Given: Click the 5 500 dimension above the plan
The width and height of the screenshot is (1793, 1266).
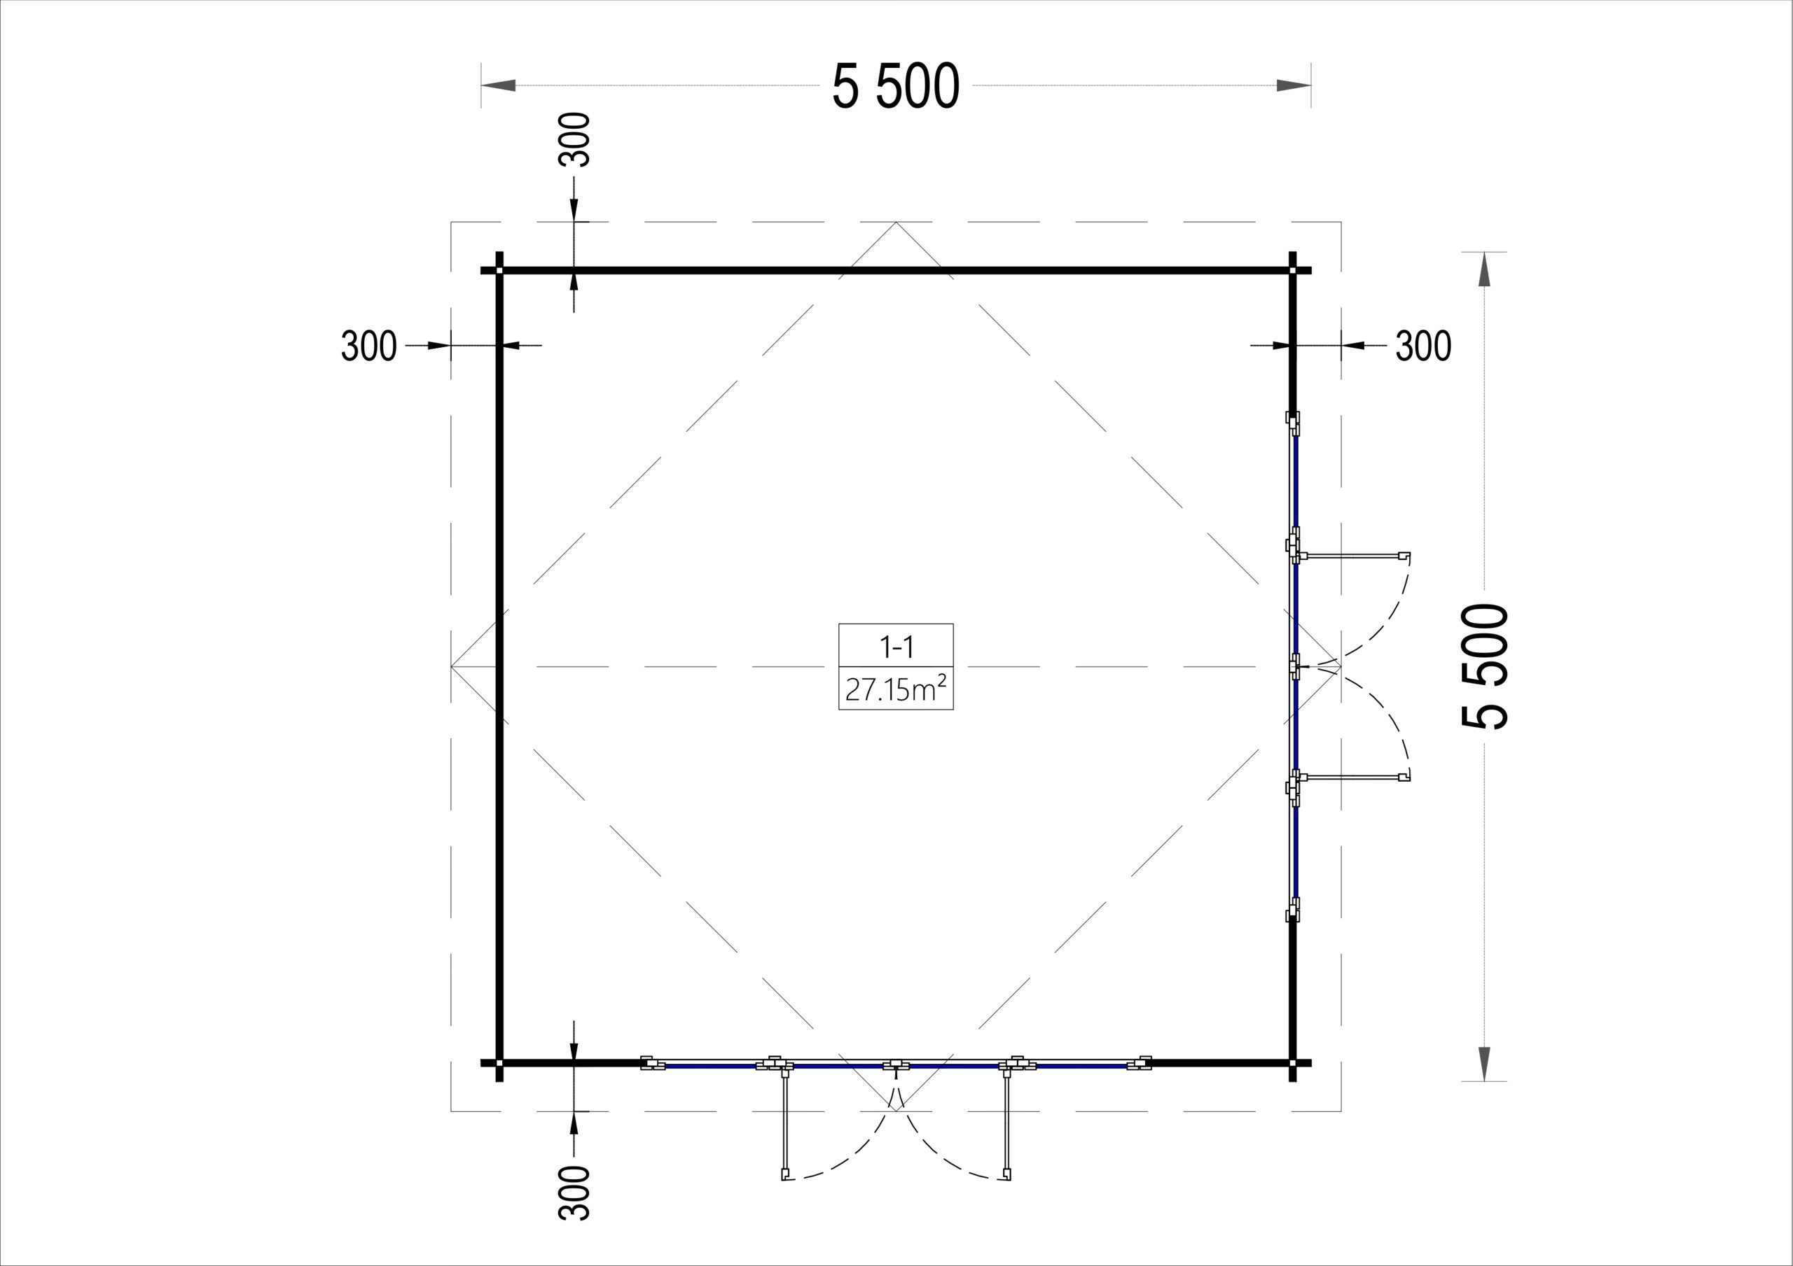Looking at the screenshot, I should pos(895,86).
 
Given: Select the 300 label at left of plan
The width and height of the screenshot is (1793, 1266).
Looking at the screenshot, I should pos(368,346).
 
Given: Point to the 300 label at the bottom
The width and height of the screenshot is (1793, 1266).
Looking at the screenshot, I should pos(575,1192).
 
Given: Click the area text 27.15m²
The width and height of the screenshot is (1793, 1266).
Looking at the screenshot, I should pos(896,689).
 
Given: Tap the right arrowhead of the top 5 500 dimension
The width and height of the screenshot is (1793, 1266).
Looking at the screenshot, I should pos(1293,85).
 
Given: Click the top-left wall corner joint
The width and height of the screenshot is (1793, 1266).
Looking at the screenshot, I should pos(500,271).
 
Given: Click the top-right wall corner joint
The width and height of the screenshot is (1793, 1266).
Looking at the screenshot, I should pos(1292,271).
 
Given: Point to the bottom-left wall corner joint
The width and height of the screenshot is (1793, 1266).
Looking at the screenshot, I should pos(500,1063).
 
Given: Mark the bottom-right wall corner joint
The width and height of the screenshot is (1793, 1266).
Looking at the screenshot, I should pos(1292,1063).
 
